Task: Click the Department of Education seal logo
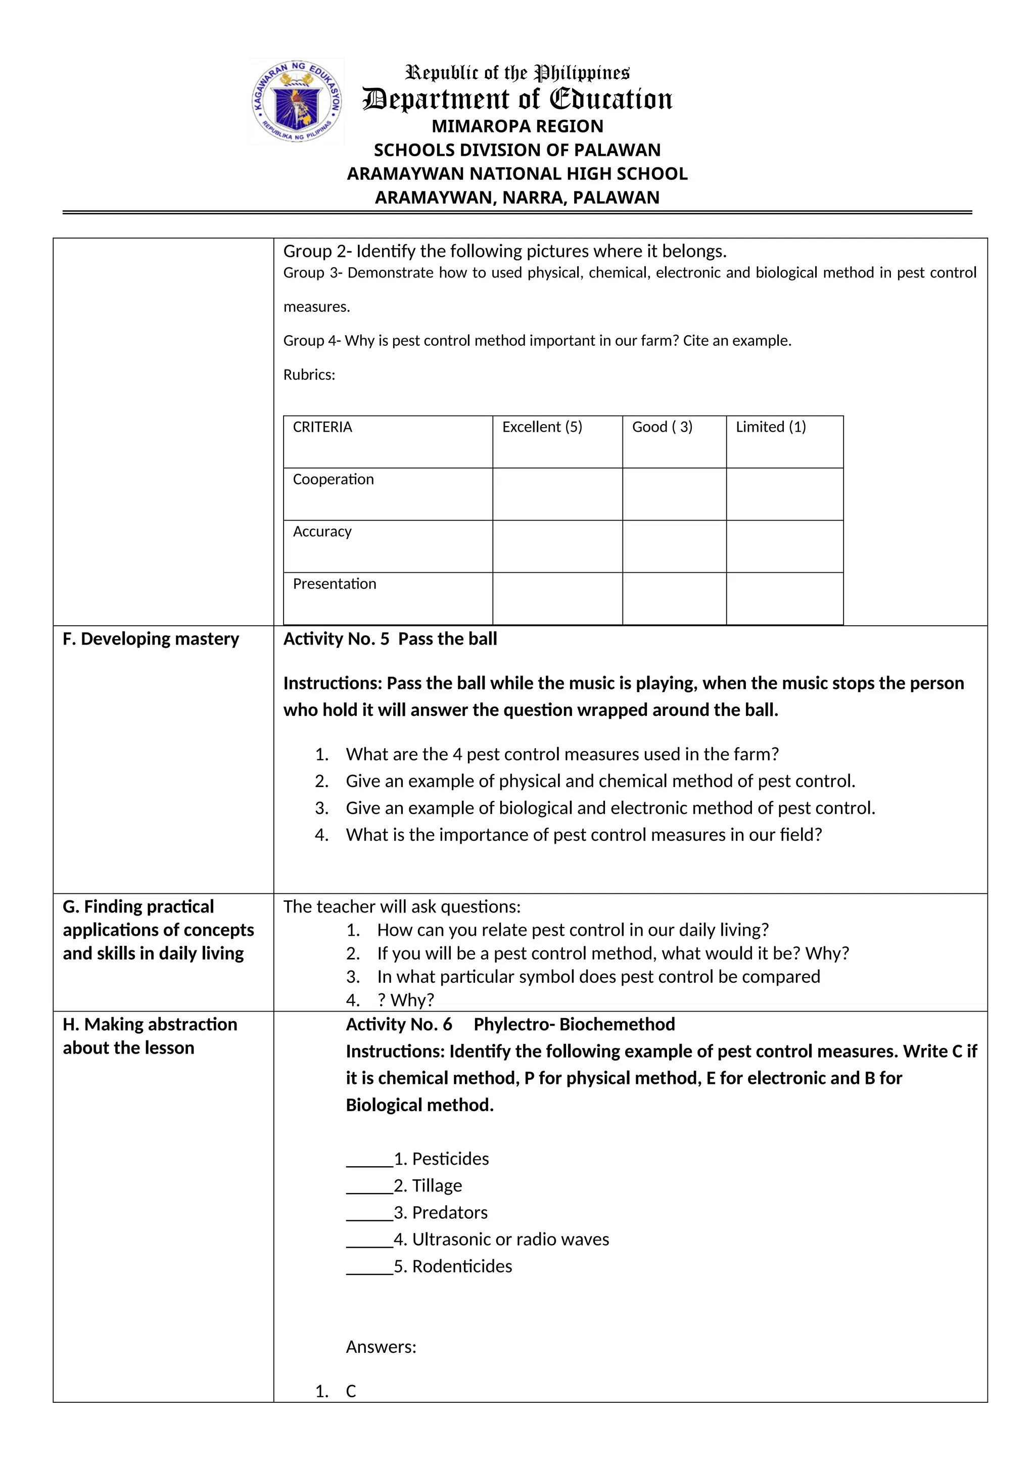point(296,102)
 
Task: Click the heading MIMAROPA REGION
point(517,126)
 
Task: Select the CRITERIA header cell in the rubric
point(322,427)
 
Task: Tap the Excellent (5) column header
point(542,427)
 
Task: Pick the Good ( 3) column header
point(662,427)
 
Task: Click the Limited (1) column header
point(771,427)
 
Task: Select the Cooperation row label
point(333,480)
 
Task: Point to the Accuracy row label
point(322,532)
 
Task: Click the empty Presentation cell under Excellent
point(557,598)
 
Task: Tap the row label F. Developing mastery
point(151,639)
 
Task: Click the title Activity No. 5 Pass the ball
point(390,639)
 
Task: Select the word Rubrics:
point(309,375)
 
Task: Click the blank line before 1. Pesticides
point(369,1159)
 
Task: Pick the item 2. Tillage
point(428,1186)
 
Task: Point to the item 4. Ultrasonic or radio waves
point(501,1240)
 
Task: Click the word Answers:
point(381,1347)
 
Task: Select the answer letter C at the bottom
point(351,1391)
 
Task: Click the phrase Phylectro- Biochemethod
point(574,1025)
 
